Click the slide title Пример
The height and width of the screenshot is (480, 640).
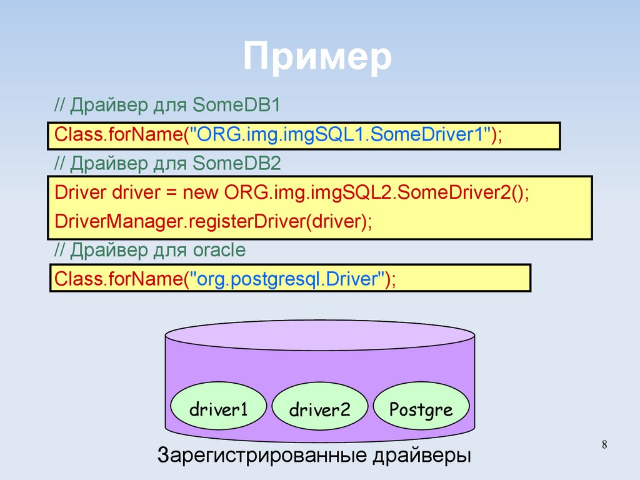(x=317, y=58)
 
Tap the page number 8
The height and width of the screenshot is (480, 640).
(x=604, y=444)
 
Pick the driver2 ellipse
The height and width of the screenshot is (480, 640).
(x=319, y=411)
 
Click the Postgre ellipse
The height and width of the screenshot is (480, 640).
(x=421, y=410)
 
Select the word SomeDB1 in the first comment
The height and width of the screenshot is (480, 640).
(x=237, y=105)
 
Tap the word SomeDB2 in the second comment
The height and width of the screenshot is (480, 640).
(x=237, y=164)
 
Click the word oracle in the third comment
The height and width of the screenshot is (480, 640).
(x=216, y=251)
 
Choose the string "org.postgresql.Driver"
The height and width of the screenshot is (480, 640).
(x=286, y=278)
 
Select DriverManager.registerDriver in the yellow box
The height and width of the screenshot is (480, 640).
(x=178, y=221)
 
